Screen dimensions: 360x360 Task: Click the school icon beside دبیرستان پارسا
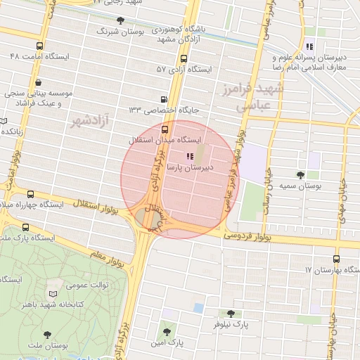[188, 156]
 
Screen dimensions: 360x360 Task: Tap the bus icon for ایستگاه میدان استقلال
[165, 129]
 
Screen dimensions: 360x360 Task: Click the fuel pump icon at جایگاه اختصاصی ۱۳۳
[164, 99]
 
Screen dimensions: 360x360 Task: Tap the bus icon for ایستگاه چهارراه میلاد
[30, 193]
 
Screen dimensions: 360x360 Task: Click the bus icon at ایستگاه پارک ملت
[26, 227]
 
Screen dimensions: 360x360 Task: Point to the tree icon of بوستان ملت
[47, 335]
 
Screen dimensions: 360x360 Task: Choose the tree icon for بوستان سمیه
[301, 174]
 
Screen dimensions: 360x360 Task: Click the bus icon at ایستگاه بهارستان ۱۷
[354, 270]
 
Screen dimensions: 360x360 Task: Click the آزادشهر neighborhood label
[92, 122]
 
